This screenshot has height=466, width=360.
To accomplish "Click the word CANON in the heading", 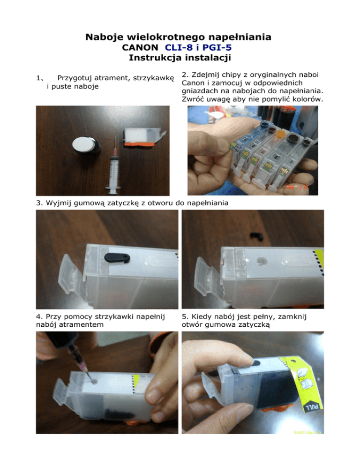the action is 140,47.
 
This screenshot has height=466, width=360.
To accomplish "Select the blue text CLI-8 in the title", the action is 179,47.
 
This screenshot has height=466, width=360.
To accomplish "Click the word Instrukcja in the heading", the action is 155,58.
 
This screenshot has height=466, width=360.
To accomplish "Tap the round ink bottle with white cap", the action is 86,145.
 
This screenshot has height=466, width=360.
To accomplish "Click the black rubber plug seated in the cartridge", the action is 117,257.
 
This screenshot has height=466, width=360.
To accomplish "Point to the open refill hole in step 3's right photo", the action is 261,261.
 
